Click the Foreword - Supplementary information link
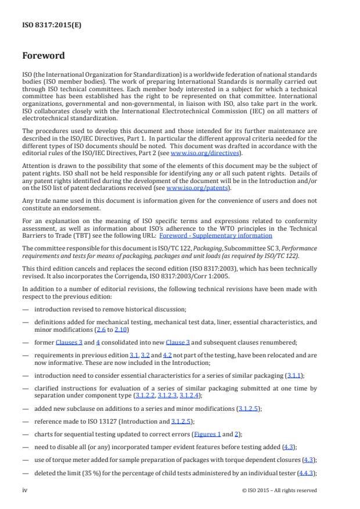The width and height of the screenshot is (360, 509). [224, 235]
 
